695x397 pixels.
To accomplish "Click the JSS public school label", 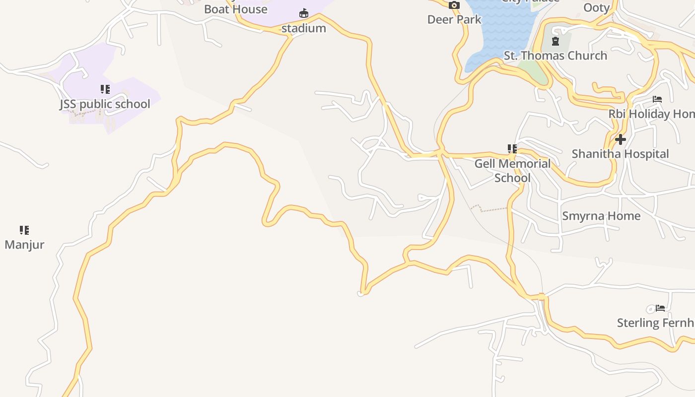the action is [105, 104].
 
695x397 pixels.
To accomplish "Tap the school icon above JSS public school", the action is [105, 89].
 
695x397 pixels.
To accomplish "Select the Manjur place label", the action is [24, 245].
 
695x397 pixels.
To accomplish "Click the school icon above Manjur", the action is [24, 230].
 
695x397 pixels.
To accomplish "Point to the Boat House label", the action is [235, 9].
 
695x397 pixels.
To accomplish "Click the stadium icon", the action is [303, 13].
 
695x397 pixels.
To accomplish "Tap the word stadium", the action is [303, 28].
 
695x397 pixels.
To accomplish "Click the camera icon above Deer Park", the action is [454, 5].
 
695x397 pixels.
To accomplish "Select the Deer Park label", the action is [454, 20].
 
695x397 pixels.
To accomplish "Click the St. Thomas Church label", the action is [555, 56].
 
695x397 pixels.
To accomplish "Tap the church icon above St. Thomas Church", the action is [555, 41].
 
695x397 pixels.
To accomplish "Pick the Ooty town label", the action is [596, 8].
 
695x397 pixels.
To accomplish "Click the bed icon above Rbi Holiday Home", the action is [657, 99].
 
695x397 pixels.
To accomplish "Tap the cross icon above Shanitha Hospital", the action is [620, 139].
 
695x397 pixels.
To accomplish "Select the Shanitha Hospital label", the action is [620, 154].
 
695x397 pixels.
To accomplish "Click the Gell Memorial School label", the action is [512, 171].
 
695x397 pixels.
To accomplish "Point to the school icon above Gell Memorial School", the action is [512, 148].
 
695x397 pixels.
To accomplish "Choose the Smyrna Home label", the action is [601, 216].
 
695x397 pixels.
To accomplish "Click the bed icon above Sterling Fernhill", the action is [660, 308].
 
